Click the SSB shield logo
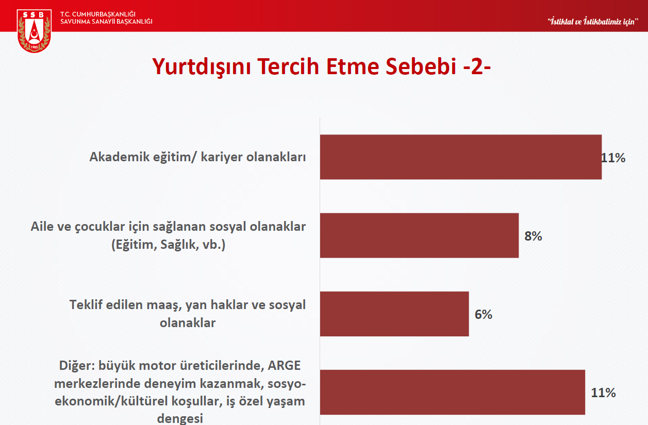[34, 31]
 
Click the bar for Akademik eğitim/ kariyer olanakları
[461, 157]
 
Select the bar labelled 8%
[419, 235]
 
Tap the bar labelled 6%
[394, 314]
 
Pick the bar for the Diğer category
[453, 393]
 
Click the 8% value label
[533, 236]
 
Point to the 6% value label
[484, 315]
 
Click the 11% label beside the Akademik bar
[613, 158]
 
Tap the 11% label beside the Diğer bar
[603, 393]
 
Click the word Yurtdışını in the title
[202, 67]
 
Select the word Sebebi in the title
[421, 66]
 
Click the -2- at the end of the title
[477, 67]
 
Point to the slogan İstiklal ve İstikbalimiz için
[593, 22]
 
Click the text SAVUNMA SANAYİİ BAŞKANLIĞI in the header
[106, 22]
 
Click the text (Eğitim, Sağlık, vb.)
[169, 245]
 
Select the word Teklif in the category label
[86, 305]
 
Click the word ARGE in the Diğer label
[284, 366]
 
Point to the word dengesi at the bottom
[180, 419]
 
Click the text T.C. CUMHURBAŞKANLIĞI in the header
[98, 14]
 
